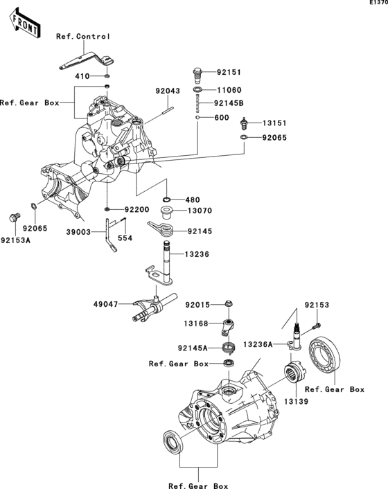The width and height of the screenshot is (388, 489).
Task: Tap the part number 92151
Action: (x=228, y=71)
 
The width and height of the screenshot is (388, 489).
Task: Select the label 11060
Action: (x=228, y=89)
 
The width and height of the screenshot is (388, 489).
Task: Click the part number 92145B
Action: (x=231, y=105)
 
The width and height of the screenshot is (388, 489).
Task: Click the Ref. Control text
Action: (x=83, y=36)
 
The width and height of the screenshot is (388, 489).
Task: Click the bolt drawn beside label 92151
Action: (x=197, y=72)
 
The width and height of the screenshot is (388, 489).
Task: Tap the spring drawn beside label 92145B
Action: (x=197, y=105)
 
